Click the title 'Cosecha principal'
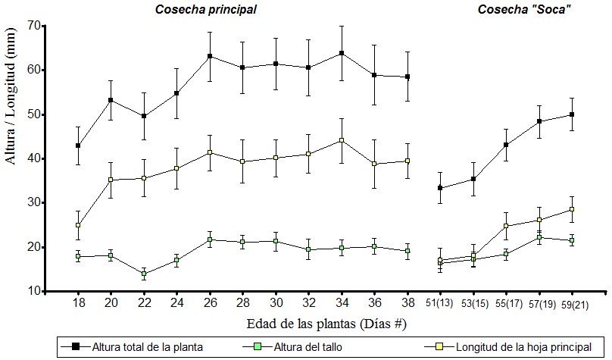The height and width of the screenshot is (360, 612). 206,10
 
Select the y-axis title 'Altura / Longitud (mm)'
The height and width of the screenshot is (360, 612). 12,157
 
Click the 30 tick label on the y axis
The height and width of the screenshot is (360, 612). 33,202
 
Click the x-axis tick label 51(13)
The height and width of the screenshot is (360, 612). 439,303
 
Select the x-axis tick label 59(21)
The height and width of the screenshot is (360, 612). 572,303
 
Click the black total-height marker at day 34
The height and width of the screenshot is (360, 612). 342,53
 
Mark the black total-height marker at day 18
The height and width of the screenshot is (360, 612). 78,146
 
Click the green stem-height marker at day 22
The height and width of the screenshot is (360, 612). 144,274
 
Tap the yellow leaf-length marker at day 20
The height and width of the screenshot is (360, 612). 111,180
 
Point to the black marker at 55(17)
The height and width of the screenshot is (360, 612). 506,145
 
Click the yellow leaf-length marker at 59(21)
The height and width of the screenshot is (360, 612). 572,209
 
